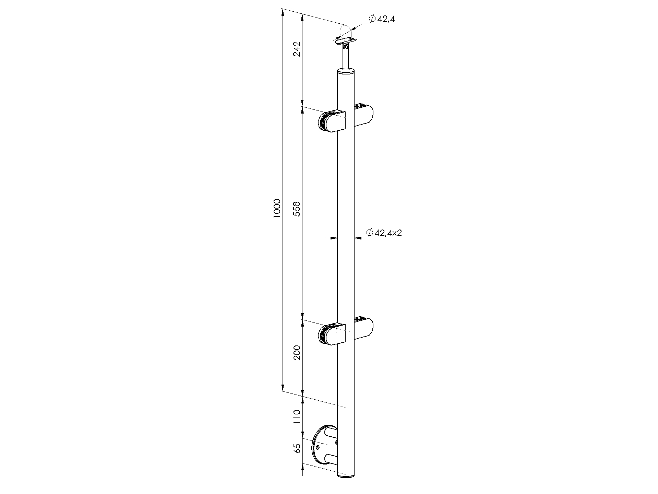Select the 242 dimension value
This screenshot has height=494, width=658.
tap(297, 49)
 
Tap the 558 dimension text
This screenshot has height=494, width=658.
tap(297, 209)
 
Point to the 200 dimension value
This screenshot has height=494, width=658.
tap(297, 352)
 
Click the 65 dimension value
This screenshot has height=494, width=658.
tap(297, 448)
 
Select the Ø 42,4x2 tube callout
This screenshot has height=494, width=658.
tap(384, 233)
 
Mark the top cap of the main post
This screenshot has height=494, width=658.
tap(346, 72)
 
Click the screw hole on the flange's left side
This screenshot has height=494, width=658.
tap(318, 447)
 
